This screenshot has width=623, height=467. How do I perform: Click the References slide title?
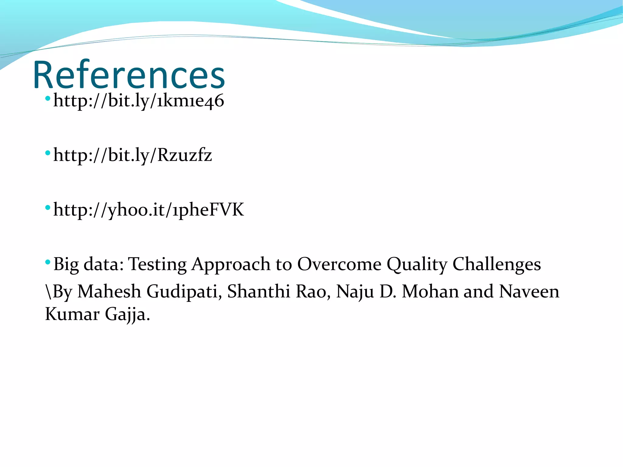129,75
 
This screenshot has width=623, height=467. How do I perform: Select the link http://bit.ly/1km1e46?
139,101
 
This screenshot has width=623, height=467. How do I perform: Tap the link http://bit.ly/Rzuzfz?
133,155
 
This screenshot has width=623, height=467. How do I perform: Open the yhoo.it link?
148,210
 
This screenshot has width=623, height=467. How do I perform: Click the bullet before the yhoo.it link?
47,208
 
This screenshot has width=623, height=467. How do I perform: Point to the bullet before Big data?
47,262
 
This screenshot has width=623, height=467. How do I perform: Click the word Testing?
157,264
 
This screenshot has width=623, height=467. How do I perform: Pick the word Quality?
417,264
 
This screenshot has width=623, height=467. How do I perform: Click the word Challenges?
496,264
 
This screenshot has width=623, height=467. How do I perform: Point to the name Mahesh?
109,291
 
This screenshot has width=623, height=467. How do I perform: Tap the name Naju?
355,291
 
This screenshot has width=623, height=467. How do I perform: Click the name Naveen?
529,291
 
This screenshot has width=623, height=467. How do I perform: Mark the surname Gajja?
127,314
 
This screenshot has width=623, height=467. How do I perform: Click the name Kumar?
72,314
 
